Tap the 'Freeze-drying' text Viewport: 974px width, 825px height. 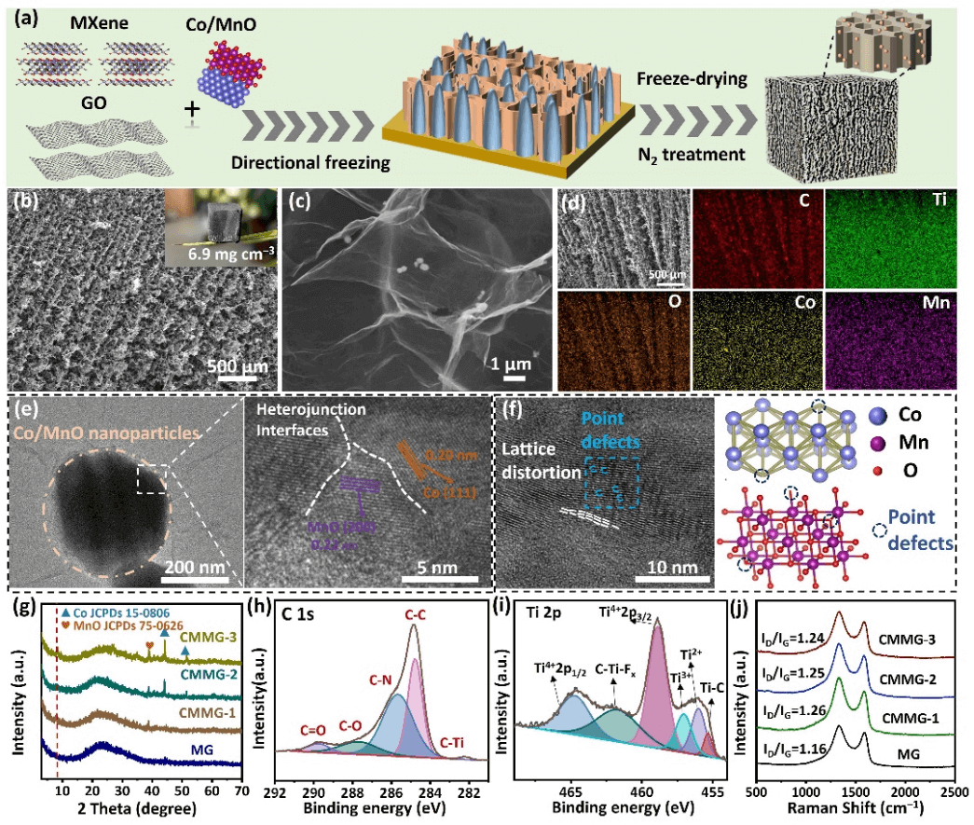(697, 79)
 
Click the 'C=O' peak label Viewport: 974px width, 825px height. (317, 731)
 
